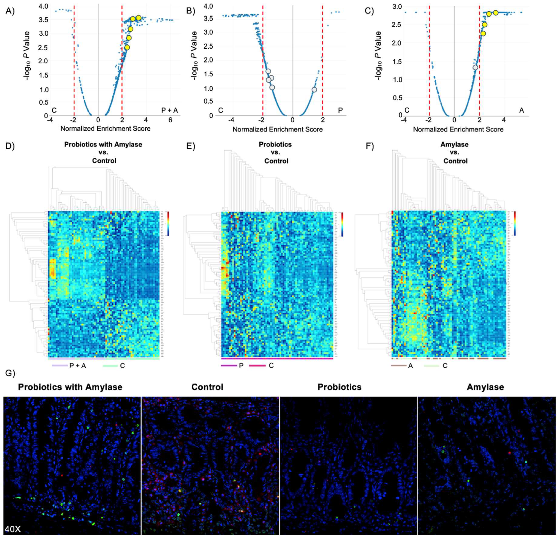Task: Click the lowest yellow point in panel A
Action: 127,47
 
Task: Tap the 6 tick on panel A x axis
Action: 170,120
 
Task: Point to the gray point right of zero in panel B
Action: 314,90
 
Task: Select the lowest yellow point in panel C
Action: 483,33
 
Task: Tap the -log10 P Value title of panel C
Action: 379,56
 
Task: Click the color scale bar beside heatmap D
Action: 168,223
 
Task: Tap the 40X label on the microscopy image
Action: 13,529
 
